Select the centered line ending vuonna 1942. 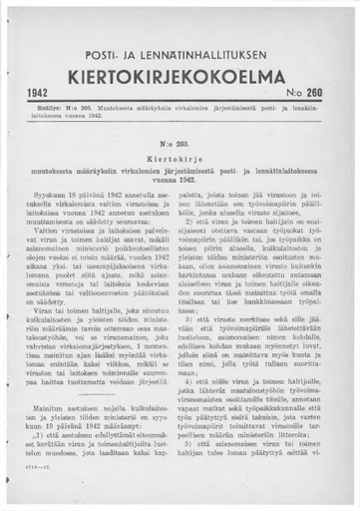[180, 178]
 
